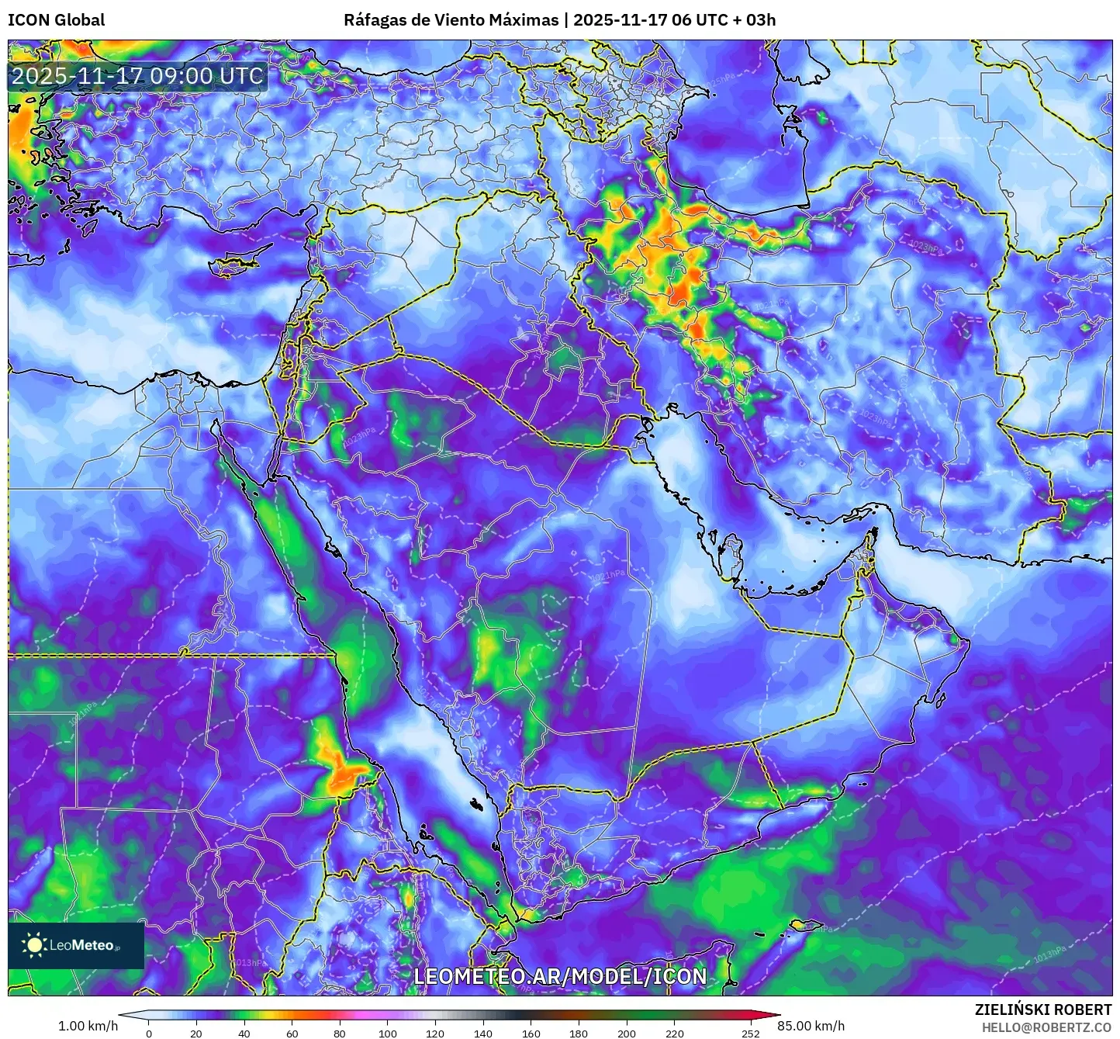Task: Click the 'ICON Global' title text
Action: (56, 19)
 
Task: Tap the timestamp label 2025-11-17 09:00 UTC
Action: (137, 76)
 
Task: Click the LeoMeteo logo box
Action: (76, 945)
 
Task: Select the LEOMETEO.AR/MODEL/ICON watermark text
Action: (560, 976)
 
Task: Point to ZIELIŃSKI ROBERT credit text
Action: (1043, 1010)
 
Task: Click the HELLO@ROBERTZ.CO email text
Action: (1046, 1027)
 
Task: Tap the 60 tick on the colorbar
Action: (292, 1033)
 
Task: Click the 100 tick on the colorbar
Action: (388, 1033)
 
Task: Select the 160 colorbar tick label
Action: (531, 1033)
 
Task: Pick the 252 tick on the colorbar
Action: (750, 1033)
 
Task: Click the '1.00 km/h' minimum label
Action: (88, 1026)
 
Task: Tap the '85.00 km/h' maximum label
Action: (811, 1026)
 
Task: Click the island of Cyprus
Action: (237, 262)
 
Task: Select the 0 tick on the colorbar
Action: (149, 1033)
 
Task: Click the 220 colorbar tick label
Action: (675, 1033)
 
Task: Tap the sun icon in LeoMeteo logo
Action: (34, 944)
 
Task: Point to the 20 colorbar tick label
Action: (196, 1033)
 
